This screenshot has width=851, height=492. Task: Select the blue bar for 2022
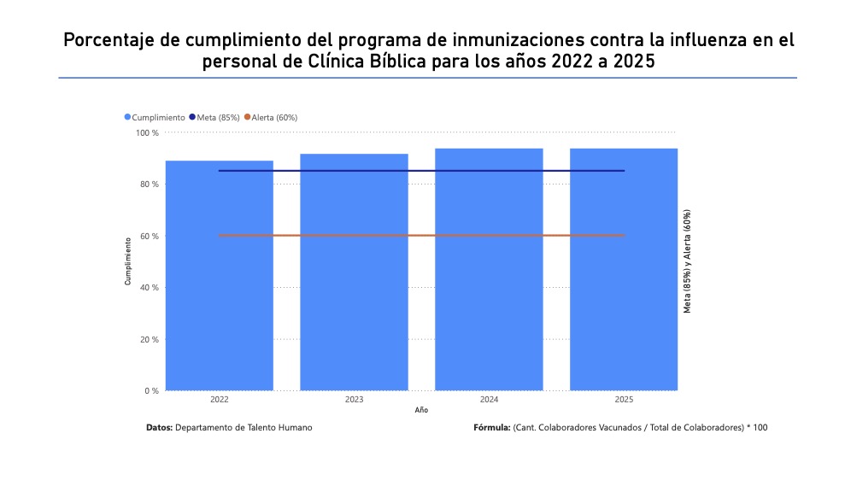coord(219,282)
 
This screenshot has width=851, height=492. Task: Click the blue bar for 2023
coord(354,282)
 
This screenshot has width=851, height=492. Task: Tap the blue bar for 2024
coord(489,282)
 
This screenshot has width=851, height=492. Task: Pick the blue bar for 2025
coord(624,282)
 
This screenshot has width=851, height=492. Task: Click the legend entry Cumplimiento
coord(158,117)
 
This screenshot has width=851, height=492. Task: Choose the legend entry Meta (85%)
coord(218,117)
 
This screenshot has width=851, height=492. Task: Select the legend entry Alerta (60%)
coord(273,117)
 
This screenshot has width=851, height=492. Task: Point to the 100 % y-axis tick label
coord(148,132)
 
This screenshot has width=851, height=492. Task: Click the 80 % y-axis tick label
coord(150,184)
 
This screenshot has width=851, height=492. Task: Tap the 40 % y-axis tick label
coord(150,288)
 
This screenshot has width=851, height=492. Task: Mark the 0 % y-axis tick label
coord(151,391)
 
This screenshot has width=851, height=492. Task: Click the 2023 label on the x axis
coord(354,400)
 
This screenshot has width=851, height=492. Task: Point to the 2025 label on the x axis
coord(624,400)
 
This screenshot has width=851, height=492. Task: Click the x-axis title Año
coord(421,411)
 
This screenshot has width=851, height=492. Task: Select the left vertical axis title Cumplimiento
coord(128,261)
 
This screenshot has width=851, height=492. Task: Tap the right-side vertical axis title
coord(686,261)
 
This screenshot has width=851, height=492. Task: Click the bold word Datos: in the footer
coord(160,427)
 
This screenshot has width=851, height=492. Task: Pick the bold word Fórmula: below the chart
coord(492,427)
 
